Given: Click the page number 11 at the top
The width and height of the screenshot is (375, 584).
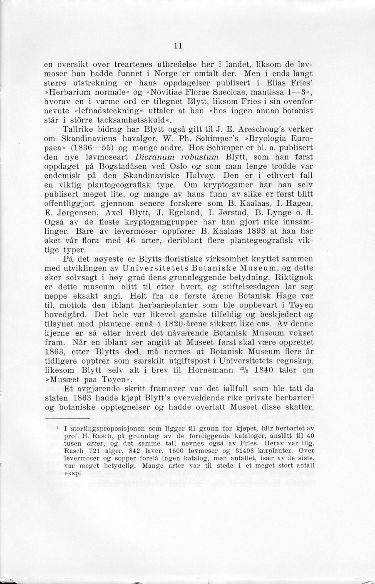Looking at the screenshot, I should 179,45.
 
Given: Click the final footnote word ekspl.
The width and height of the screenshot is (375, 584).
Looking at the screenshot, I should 74,473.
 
